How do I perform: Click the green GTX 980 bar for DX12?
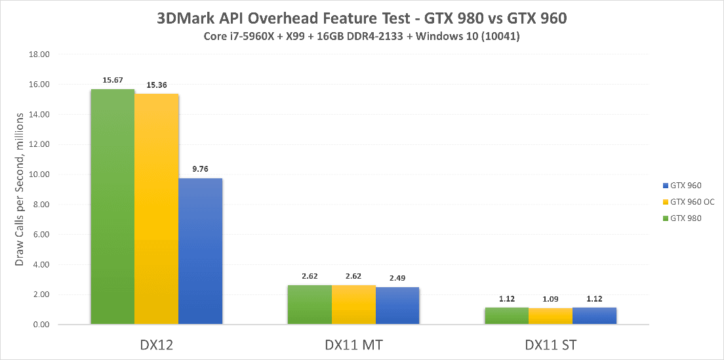click(113, 207)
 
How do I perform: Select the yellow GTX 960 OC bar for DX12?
click(157, 209)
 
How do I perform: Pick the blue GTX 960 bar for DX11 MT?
click(397, 306)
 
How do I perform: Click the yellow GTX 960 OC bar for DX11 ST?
click(550, 316)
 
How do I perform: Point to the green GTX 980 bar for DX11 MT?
click(310, 305)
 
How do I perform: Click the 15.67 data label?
click(113, 81)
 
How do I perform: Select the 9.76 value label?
click(201, 169)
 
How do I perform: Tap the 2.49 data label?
click(397, 278)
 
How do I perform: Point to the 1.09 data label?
click(550, 299)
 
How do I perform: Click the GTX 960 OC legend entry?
click(689, 201)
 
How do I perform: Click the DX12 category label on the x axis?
click(157, 343)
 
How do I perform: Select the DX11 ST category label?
click(550, 343)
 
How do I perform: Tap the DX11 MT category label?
click(353, 343)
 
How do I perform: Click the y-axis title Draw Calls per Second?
click(20, 190)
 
